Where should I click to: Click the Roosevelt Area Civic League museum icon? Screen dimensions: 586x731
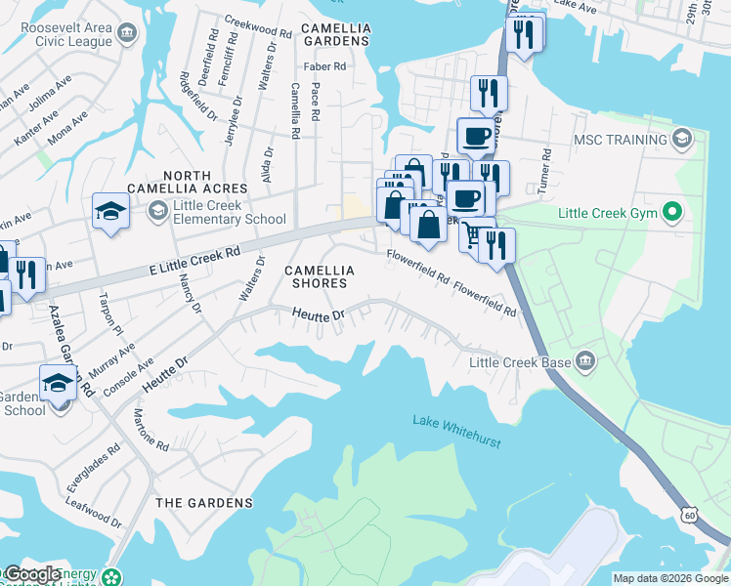127,35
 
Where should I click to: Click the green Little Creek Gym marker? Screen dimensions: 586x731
671,212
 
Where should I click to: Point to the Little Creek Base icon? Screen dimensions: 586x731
585,362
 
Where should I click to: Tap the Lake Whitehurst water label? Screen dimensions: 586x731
456,432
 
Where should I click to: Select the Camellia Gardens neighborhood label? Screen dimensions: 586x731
336,34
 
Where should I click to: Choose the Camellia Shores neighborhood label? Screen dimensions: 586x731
316,275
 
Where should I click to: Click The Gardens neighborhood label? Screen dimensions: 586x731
204,503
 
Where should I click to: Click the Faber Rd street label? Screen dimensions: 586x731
325,67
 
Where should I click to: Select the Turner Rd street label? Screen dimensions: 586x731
548,169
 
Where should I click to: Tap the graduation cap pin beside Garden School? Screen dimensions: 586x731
58,383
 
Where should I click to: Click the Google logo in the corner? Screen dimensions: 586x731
32,574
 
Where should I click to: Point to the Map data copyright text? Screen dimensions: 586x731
670,578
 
